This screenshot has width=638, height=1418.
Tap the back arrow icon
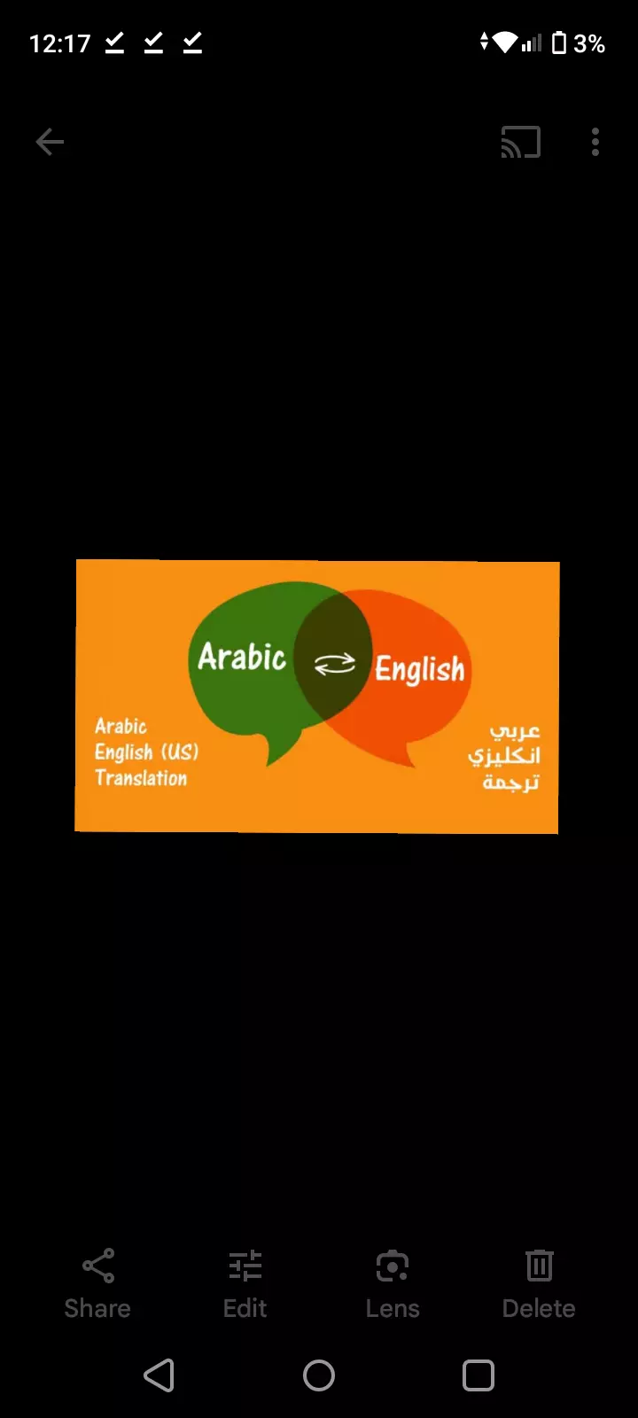pyautogui.click(x=50, y=142)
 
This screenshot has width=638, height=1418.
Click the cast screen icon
pyautogui.click(x=521, y=142)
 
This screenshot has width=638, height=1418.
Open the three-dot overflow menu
pyautogui.click(x=595, y=142)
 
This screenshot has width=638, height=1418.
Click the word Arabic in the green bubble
pyautogui.click(x=242, y=658)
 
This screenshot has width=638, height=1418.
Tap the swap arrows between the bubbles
pyautogui.click(x=335, y=664)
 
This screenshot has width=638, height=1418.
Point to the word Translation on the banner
pyautogui.click(x=141, y=778)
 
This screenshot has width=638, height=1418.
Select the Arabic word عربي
pyautogui.click(x=515, y=731)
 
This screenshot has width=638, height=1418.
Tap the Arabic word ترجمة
pyautogui.click(x=510, y=782)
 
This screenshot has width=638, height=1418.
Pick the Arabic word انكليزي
pyautogui.click(x=504, y=756)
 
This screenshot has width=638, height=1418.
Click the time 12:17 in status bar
pyautogui.click(x=59, y=43)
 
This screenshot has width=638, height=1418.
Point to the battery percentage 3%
pyautogui.click(x=589, y=43)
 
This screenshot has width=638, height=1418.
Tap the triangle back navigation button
pyautogui.click(x=159, y=1375)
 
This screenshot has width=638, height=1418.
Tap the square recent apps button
pyautogui.click(x=478, y=1375)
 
